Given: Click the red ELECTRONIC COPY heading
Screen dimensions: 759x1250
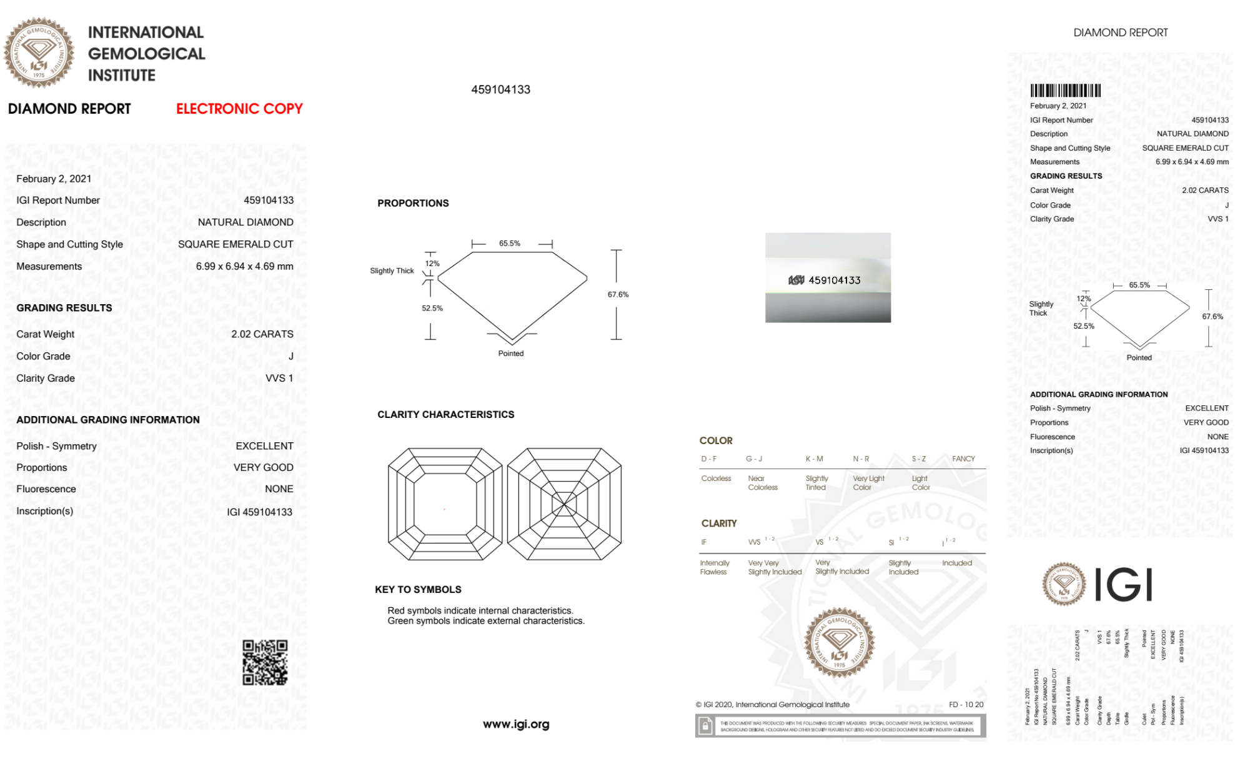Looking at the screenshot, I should point(239,109).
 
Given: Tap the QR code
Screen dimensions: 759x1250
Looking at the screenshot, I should point(265,662).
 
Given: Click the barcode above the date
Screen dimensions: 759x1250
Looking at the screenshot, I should point(1065,91).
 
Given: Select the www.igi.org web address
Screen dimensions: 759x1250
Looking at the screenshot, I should point(516,724).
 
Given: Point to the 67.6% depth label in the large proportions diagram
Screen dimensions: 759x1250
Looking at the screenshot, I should point(618,294).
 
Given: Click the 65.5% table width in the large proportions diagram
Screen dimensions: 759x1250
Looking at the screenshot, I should point(509,244).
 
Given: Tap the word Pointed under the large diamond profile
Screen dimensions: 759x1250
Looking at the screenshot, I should point(511,354).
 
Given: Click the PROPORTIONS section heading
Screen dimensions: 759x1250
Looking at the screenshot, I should point(413,203).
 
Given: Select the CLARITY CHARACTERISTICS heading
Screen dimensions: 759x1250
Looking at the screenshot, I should point(445,414).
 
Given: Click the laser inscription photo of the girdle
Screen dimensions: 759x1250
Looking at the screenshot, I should point(828,278).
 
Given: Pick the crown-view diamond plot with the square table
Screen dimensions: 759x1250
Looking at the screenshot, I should point(445,504).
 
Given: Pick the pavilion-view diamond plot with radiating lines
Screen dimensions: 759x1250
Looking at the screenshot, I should point(564,504).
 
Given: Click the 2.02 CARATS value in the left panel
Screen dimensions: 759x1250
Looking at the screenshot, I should point(262,334).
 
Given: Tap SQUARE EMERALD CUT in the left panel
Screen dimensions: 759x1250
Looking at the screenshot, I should point(236,244).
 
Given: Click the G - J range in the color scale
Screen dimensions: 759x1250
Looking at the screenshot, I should point(754,459).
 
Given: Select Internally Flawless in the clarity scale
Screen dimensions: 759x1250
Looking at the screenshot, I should point(714,567).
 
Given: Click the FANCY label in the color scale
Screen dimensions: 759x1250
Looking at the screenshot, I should point(963,459).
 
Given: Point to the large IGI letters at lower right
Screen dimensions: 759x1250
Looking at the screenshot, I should point(1123,585).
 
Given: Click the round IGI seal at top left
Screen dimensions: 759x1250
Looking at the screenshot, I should point(39,53).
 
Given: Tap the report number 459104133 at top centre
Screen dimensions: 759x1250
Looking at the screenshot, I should point(500,89).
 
